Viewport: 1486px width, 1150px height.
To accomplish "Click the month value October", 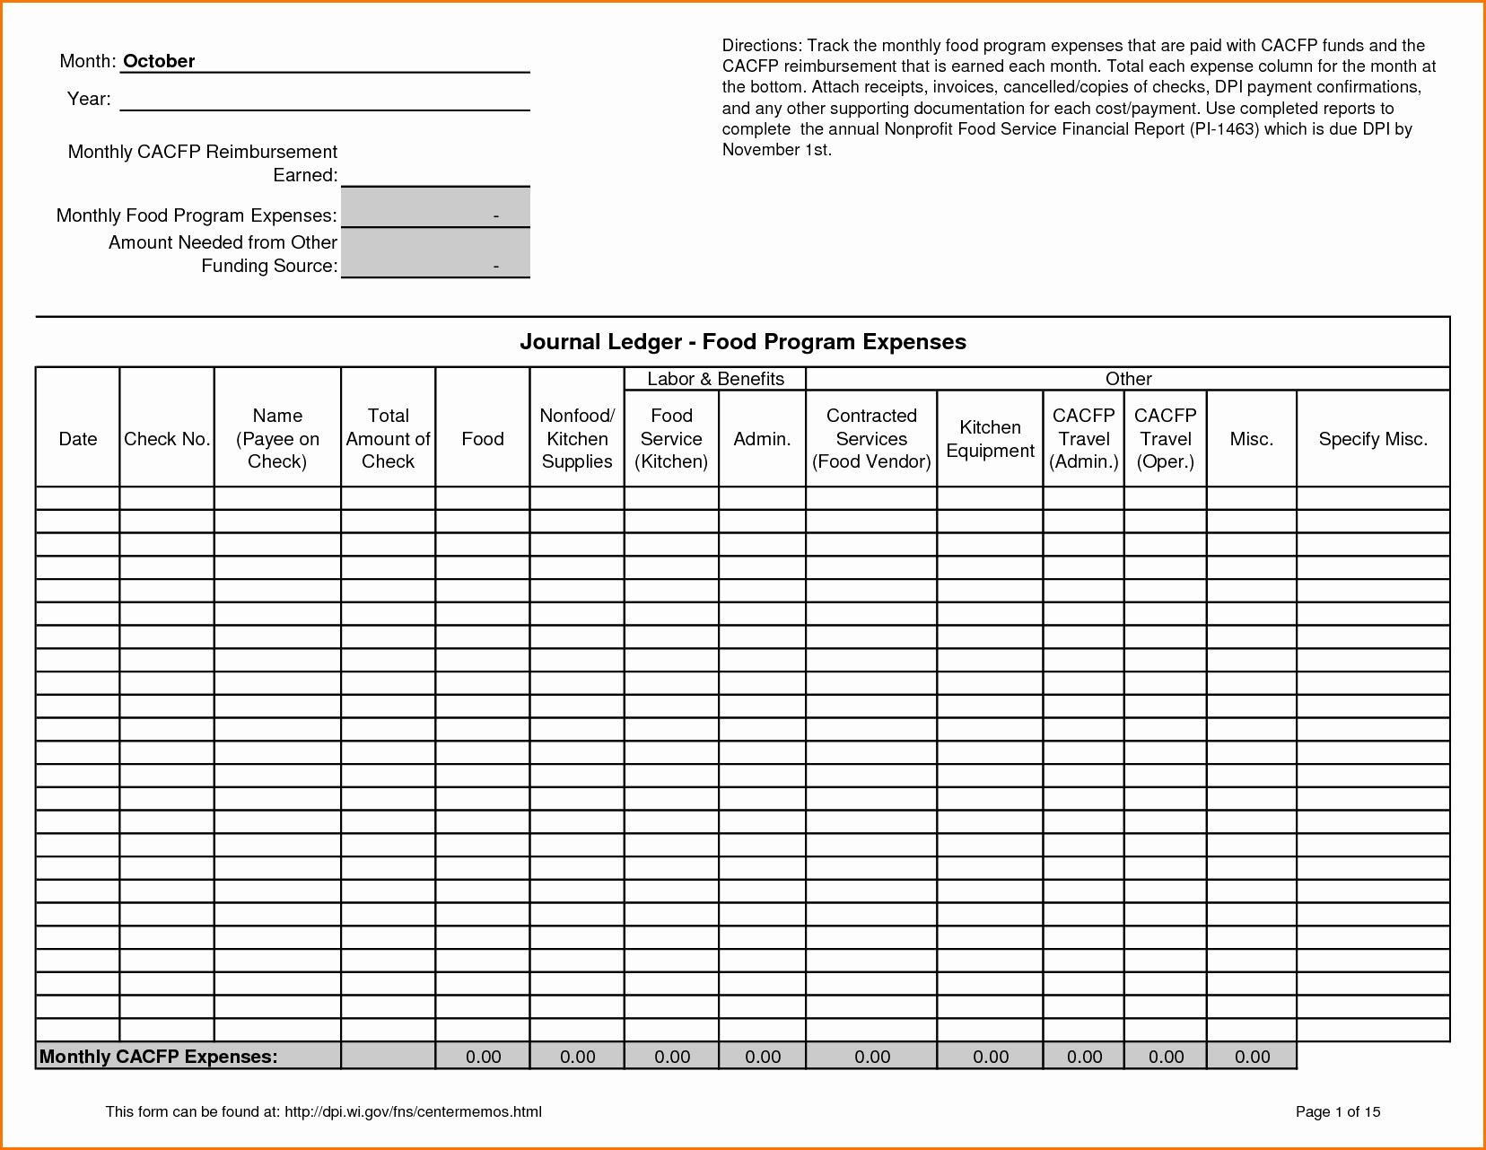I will click(159, 61).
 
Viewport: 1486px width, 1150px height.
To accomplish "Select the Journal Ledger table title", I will click(742, 342).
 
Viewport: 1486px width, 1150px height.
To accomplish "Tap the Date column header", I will click(78, 439).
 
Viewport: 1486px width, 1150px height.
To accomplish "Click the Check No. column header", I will click(167, 439).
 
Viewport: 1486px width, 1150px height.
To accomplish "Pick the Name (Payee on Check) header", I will click(277, 439).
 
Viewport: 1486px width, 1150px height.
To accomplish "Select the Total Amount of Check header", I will click(388, 439).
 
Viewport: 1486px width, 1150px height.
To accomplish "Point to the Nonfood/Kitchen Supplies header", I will click(577, 439).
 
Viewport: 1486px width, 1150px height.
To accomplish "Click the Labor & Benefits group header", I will click(715, 379).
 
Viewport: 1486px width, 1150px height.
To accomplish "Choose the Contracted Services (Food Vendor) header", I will click(871, 439).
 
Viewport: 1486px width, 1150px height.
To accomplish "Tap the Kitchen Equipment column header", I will click(990, 439).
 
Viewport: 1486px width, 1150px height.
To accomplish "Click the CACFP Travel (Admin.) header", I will click(1084, 439).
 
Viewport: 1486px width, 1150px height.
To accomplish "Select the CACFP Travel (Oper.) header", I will click(1166, 439).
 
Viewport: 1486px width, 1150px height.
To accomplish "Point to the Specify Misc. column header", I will click(1373, 439).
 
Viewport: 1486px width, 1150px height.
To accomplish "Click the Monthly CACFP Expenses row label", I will click(159, 1057).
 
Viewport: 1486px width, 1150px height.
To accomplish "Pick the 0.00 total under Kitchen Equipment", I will click(991, 1057).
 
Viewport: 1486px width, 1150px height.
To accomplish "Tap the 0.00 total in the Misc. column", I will click(1252, 1057).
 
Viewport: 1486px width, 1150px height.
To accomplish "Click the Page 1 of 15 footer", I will click(1338, 1112).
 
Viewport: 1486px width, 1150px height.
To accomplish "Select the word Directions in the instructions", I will click(761, 46).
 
